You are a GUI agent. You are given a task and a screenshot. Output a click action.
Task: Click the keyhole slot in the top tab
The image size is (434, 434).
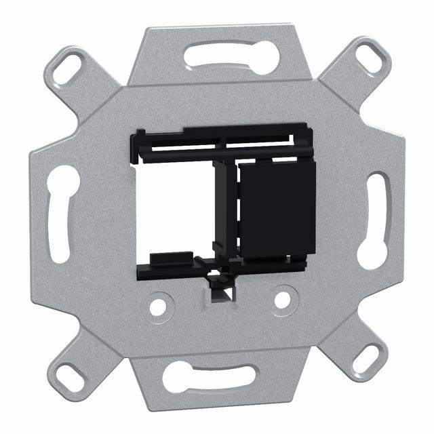tap(231, 57)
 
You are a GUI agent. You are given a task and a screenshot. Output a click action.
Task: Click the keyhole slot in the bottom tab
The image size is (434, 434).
tap(210, 375)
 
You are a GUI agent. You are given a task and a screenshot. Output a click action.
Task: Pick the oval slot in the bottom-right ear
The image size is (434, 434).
tap(367, 357)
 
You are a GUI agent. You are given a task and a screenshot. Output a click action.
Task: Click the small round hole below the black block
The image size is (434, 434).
tap(282, 299)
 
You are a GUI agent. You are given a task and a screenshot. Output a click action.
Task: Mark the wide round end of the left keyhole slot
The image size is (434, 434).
tap(62, 181)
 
